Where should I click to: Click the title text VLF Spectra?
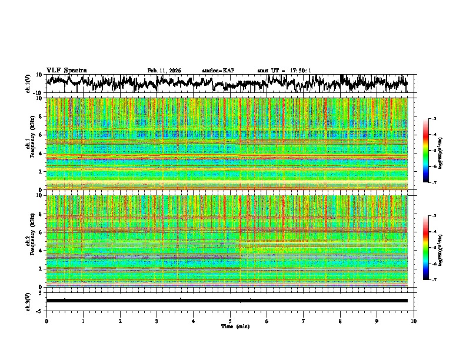(66, 71)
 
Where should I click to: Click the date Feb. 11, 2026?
(164, 71)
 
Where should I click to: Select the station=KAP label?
(218, 71)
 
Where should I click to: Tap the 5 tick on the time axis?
(230, 321)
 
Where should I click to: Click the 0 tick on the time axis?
(46, 321)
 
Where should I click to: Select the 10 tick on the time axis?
(414, 321)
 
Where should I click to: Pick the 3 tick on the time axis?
(157, 321)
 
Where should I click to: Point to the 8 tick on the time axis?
(340, 321)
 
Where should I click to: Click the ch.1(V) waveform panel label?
(28, 84)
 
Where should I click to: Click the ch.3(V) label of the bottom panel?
(28, 301)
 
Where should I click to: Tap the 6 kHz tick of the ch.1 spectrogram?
(40, 135)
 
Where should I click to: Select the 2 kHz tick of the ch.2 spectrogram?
(40, 268)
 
